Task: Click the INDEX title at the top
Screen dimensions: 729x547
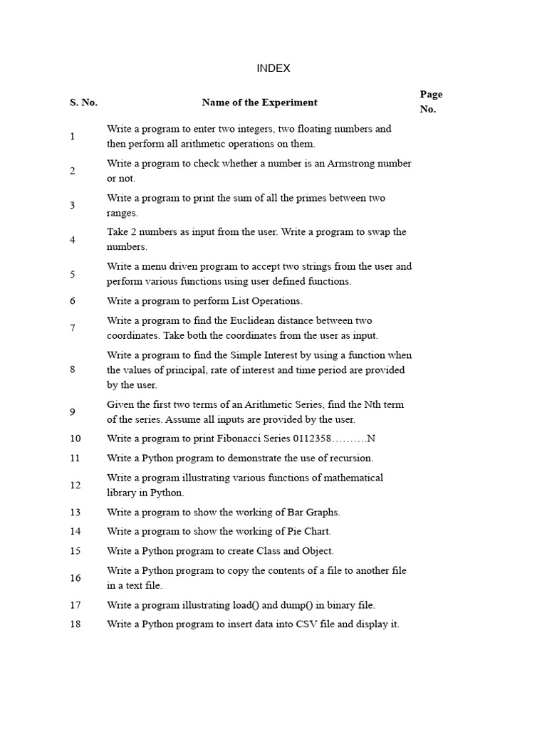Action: point(273,68)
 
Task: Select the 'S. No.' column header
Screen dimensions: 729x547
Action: point(83,103)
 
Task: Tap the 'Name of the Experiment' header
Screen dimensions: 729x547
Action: point(259,103)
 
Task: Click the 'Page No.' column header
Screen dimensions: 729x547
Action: point(431,102)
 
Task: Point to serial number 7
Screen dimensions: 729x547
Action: point(73,328)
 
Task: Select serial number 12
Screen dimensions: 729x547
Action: point(75,486)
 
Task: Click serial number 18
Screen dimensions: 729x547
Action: point(75,624)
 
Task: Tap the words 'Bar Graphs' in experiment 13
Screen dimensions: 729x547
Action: point(313,513)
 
